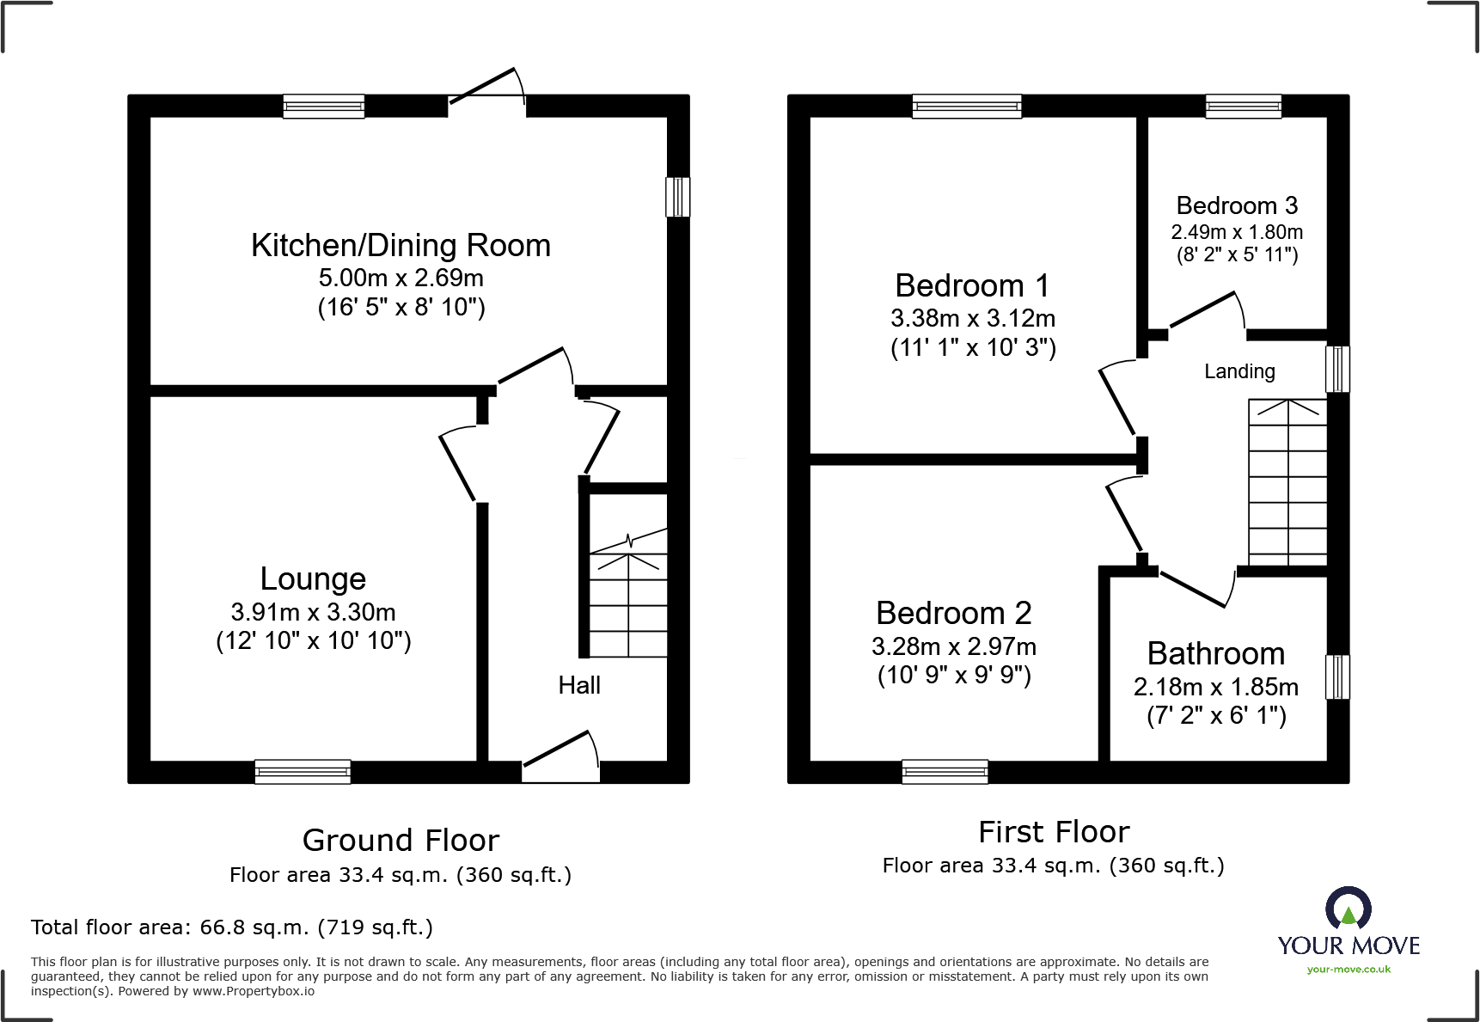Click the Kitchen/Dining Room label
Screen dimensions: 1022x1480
401,246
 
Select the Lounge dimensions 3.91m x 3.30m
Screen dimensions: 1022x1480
313,612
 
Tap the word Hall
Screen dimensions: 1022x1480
579,685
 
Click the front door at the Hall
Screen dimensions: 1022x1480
560,756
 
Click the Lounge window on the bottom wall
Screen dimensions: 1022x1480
303,771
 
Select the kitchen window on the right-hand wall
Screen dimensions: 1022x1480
677,197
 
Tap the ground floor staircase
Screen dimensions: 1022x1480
628,602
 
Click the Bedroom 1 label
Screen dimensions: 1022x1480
972,285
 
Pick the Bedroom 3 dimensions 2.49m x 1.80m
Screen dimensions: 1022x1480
1237,232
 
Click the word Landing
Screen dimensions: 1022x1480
1239,371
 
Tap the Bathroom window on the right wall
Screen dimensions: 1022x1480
1337,676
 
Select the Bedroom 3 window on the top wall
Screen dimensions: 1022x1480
1243,107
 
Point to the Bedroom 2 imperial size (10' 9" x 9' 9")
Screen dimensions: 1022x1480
954,675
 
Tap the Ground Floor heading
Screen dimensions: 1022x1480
401,840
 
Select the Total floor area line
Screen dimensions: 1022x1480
232,927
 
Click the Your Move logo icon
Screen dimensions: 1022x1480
1348,908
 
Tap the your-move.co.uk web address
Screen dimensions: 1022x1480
1349,970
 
